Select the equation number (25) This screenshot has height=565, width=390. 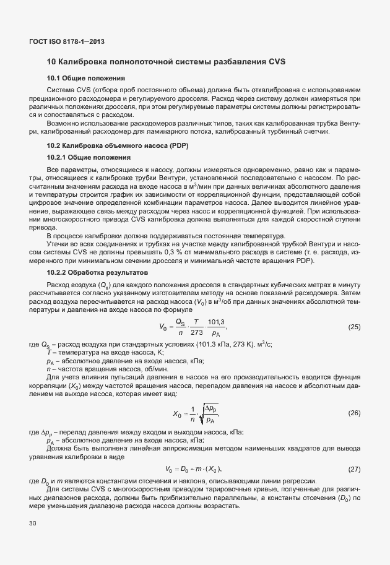354,327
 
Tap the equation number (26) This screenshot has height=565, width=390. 354,413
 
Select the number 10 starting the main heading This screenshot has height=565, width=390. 51,62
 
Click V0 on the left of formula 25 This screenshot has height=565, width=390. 163,327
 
